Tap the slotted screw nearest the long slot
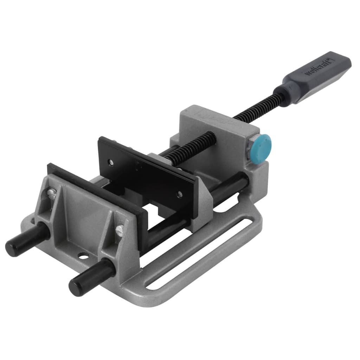119,231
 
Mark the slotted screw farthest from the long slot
52,193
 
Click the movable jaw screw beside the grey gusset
180,194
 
